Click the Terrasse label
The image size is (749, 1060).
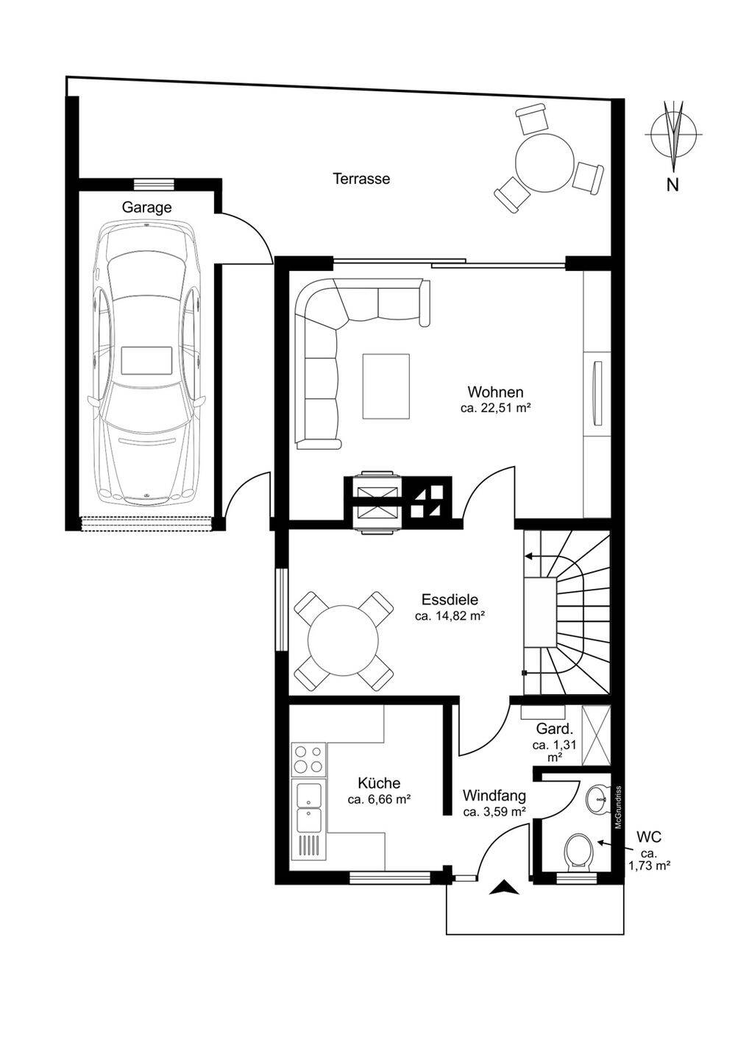tap(361, 179)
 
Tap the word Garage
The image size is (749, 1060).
tap(146, 208)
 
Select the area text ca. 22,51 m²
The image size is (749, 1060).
tap(494, 408)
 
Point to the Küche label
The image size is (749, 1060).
tap(379, 783)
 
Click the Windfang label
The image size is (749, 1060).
tap(494, 796)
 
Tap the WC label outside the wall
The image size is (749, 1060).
tap(649, 837)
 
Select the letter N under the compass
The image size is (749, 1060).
tap(672, 185)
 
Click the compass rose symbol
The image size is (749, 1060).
tap(673, 135)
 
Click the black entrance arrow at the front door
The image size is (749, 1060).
tap(504, 887)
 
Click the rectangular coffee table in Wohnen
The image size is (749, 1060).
tap(386, 386)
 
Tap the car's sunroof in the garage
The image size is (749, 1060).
tap(146, 361)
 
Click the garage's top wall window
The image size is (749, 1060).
tap(154, 183)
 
